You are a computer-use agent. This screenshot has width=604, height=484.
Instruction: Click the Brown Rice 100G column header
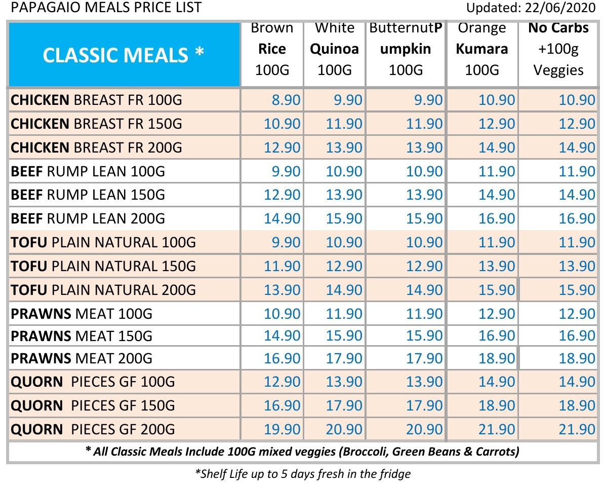click(272, 49)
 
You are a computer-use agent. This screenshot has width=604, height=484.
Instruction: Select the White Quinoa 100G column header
click(334, 49)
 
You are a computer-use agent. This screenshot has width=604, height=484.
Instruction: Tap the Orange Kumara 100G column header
click(481, 49)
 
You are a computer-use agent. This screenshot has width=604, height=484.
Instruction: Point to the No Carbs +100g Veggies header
click(558, 49)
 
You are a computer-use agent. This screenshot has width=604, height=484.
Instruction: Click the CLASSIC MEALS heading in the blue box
click(124, 54)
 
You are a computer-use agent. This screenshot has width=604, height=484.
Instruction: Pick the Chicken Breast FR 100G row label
click(96, 100)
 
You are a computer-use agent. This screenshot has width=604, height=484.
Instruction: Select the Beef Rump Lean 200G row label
click(88, 219)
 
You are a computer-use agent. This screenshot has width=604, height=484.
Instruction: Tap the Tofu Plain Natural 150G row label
click(103, 267)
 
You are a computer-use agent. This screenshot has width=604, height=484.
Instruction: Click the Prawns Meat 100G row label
click(82, 314)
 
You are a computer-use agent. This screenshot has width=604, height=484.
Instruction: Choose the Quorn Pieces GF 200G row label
click(93, 430)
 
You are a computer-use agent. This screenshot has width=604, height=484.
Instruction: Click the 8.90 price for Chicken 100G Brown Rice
click(286, 100)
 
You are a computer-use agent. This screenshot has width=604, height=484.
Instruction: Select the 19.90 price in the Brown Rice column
click(283, 430)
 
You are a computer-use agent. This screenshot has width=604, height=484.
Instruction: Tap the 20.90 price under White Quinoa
click(344, 430)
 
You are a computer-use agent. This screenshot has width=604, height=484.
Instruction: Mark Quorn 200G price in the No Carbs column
click(577, 430)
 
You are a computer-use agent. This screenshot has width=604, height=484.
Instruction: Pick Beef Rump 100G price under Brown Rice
click(286, 172)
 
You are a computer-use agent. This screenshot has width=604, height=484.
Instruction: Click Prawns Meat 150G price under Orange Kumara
click(497, 337)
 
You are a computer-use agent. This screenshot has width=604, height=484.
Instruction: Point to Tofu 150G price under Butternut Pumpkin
click(424, 267)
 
